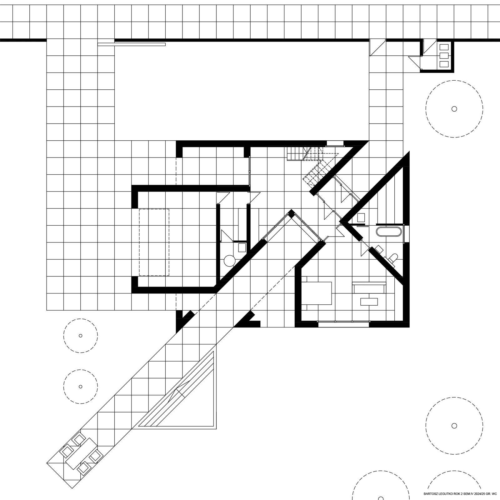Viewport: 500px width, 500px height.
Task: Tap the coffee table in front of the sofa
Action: [x=369, y=301]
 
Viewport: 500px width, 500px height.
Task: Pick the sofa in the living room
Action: [x=369, y=287]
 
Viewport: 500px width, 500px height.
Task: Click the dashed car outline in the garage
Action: [x=154, y=242]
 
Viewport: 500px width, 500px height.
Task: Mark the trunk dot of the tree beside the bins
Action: [x=454, y=109]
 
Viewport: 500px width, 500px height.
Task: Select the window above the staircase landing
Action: [x=335, y=144]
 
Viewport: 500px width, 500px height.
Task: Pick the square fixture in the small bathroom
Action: [x=242, y=248]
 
